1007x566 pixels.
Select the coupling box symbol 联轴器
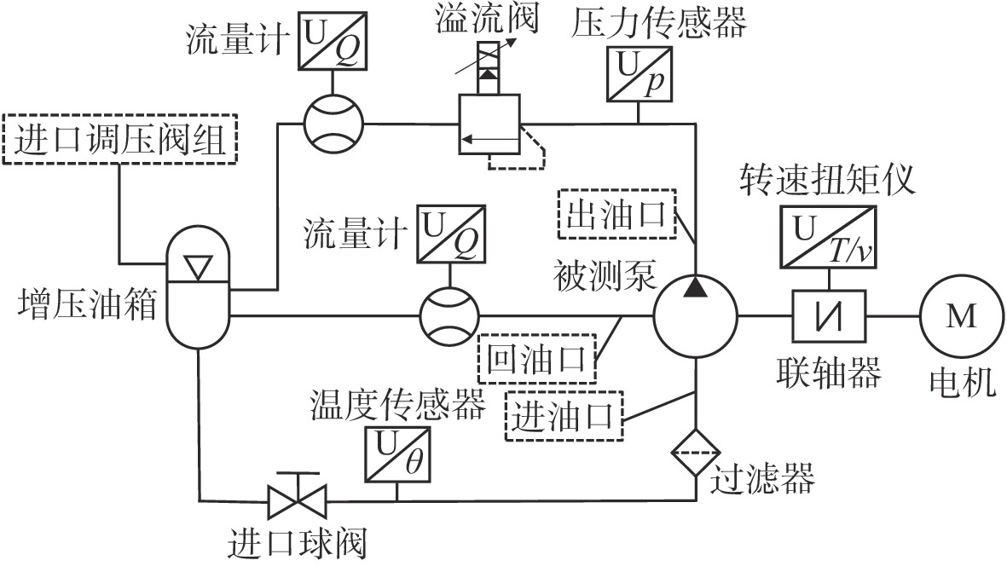tap(830, 316)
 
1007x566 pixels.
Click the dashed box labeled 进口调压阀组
tap(119, 141)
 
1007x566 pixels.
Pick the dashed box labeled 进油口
tap(564, 415)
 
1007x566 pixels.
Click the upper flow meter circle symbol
tap(333, 123)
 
